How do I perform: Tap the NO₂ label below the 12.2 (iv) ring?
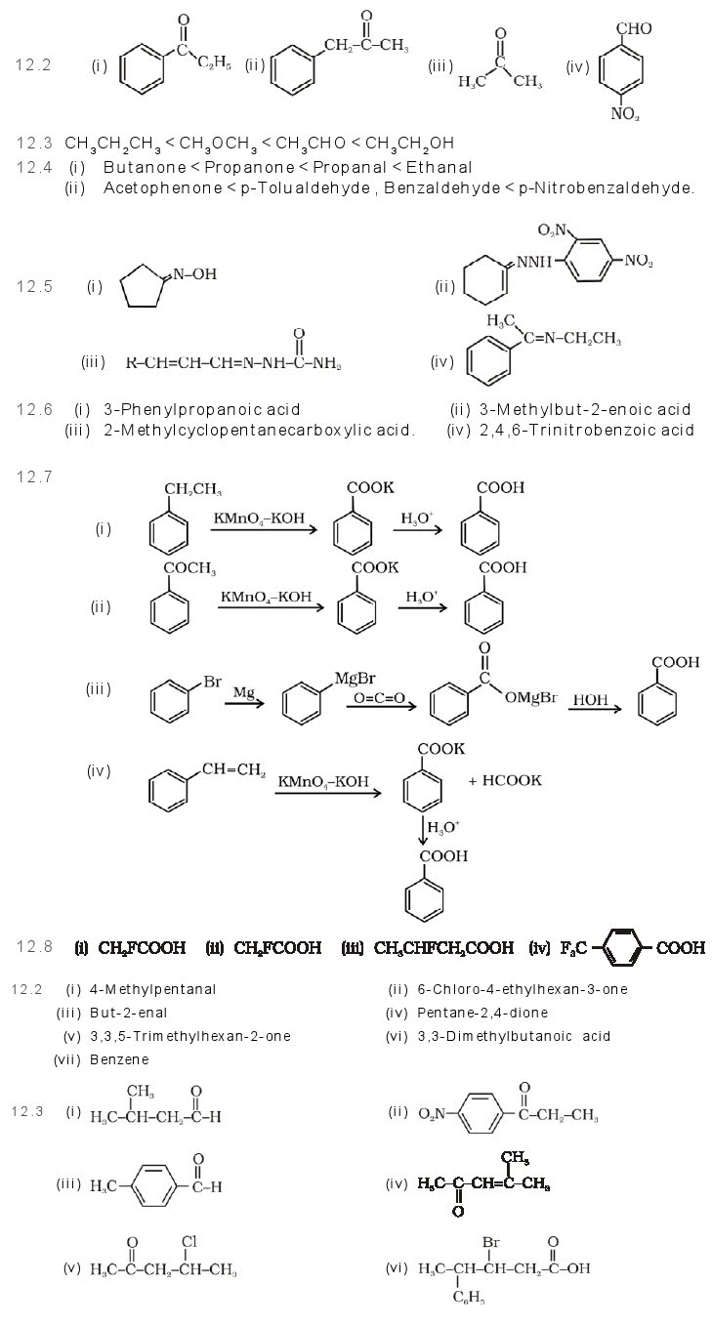click(625, 113)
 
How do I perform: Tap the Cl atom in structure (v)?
click(189, 1242)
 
